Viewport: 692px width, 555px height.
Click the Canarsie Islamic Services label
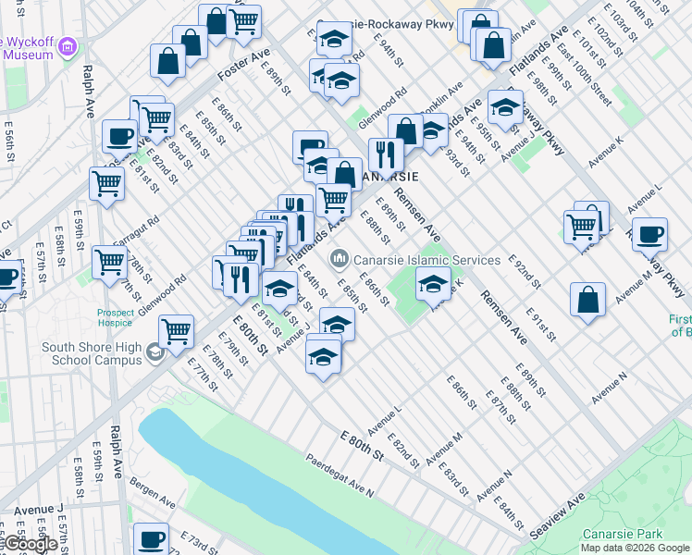coord(426,260)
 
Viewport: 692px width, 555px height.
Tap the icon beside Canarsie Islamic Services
coord(340,255)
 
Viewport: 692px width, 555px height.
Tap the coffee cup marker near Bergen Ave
coord(151,538)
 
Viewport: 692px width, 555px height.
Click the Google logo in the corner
coord(30,544)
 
